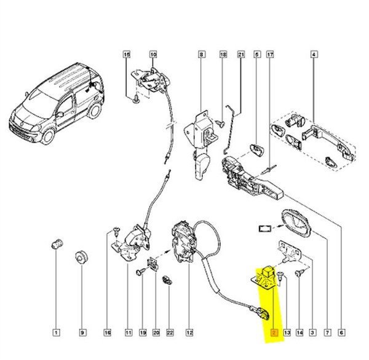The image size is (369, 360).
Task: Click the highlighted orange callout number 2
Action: (x=274, y=332)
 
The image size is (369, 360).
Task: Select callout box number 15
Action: (x=127, y=55)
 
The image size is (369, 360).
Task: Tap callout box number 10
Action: (x=153, y=55)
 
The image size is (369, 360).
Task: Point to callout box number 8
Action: (x=201, y=55)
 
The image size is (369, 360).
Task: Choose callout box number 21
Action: (x=241, y=55)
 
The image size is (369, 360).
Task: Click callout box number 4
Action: (x=314, y=55)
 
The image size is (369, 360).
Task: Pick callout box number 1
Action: (x=56, y=332)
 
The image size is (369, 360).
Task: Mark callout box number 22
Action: (x=170, y=332)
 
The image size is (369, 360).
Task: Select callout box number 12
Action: (x=189, y=332)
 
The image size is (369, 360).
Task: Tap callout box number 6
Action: (x=341, y=332)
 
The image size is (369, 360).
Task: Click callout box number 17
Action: (x=270, y=55)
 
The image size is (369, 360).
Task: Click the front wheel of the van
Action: (x=48, y=136)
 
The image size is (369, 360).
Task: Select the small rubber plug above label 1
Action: (x=57, y=244)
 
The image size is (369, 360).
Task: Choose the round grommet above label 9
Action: (x=81, y=257)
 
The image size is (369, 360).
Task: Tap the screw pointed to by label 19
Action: (x=140, y=272)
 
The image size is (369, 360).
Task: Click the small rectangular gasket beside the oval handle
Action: (x=265, y=229)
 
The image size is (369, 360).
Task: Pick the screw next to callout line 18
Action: (x=221, y=123)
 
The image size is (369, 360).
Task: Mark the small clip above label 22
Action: (x=167, y=280)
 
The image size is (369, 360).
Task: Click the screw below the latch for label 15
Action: (x=136, y=99)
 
